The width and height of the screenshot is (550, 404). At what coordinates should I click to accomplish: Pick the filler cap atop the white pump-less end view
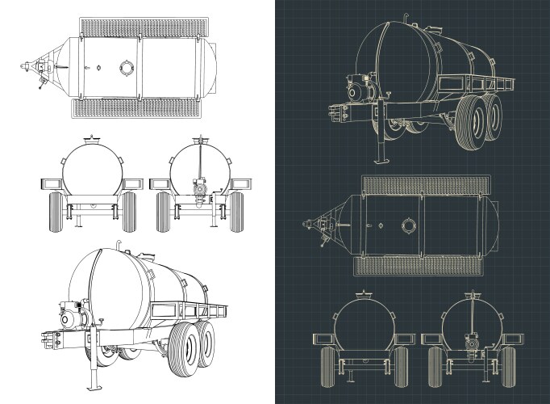pos(93,140)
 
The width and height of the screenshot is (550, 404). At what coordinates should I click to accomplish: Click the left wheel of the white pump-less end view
pos(56,212)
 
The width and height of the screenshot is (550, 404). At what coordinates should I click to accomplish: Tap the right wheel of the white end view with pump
pos(235,212)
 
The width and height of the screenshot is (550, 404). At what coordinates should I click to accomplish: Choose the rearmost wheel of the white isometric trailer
pos(207,339)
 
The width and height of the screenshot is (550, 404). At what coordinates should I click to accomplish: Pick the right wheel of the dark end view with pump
pos(506,368)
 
